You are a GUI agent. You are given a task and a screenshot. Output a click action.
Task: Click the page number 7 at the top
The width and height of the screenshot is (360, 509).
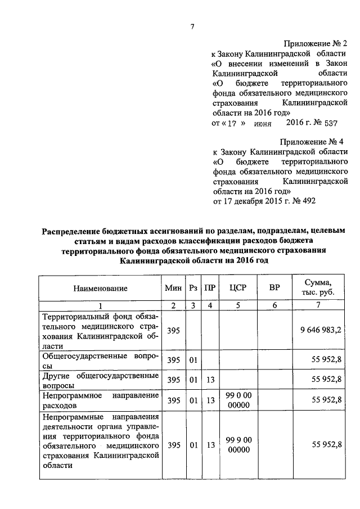tap(192, 26)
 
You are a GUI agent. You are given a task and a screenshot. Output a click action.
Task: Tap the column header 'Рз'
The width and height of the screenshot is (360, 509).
tap(193, 288)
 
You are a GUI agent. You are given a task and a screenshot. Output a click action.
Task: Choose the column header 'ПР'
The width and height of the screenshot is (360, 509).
tap(210, 288)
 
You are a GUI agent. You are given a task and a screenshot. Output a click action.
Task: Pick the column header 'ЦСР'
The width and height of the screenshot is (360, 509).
tap(238, 288)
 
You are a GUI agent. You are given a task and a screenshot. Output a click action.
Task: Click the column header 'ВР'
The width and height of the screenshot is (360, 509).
tap(274, 288)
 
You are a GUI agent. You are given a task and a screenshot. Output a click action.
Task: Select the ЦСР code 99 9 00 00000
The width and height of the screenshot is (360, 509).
tap(238, 445)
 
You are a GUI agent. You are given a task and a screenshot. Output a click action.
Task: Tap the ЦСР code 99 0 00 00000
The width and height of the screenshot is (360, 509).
tap(238, 400)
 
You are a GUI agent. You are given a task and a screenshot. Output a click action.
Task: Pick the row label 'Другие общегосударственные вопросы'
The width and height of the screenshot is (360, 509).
tap(99, 380)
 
